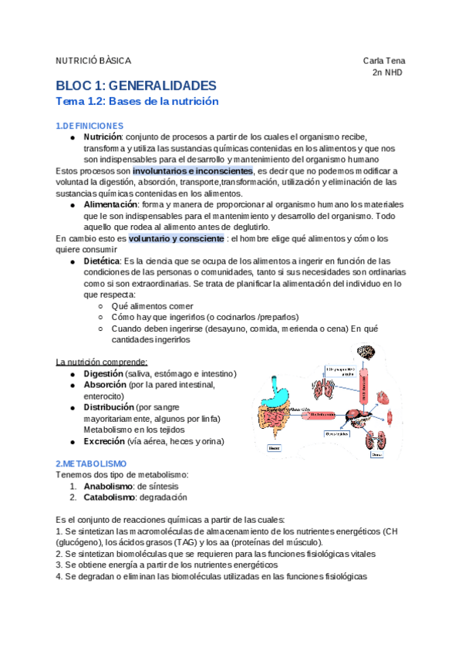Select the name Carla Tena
pos(384,61)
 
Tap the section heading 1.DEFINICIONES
pos(89,126)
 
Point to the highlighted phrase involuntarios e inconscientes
pos(192,170)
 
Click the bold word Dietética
pos(101,261)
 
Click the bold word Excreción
pos(104,441)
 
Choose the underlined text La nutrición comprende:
pos(102,362)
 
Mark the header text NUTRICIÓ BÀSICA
pos(94,61)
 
